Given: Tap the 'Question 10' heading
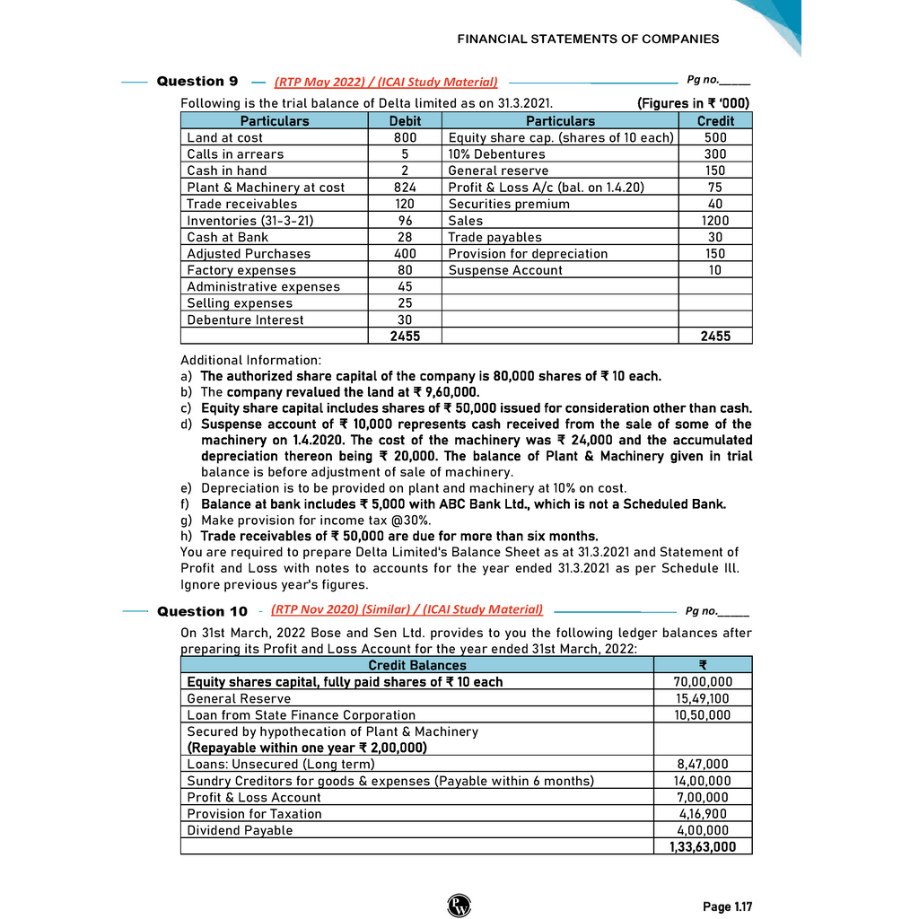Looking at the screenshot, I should pos(202,611).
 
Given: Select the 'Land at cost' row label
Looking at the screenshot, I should pos(224,137).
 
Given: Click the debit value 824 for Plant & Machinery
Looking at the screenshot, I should pos(405,188).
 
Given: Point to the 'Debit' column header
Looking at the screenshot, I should pos(405,121).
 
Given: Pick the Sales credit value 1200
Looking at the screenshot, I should pos(714,221).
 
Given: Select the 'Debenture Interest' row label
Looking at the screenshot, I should pos(245,320).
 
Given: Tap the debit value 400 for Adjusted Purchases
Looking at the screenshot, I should pos(405,254).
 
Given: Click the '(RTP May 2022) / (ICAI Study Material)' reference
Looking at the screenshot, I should pos(386,82).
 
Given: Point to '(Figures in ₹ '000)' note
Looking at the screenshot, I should pos(693,103).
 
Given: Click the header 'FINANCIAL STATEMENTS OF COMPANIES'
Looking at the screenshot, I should pos(588,39).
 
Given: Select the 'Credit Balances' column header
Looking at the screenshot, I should pos(417,665).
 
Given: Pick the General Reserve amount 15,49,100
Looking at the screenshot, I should pos(702,698).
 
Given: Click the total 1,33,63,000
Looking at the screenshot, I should pos(702,846).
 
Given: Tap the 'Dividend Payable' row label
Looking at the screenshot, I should pos(240,830).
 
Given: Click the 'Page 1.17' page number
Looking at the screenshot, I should pos(727,907).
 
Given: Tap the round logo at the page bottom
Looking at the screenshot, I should pos(459,906).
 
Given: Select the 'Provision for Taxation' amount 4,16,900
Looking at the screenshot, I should pos(704,814).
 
